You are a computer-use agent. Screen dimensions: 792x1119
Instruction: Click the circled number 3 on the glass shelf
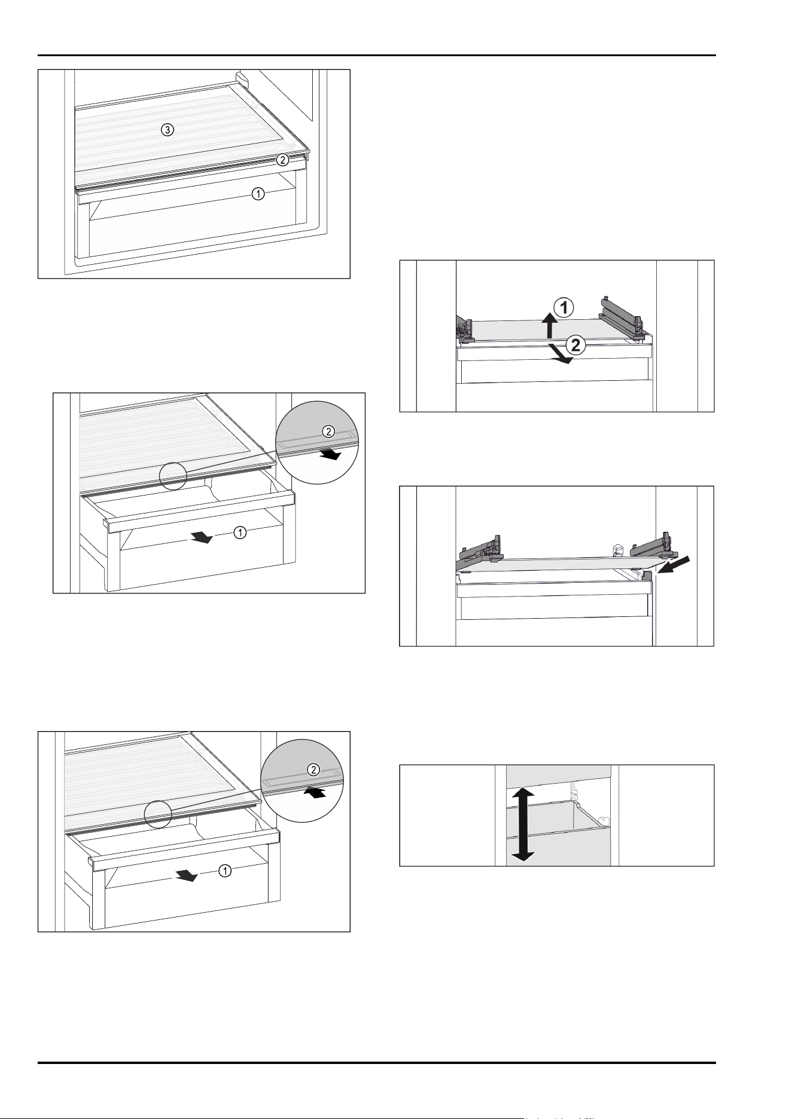[168, 130]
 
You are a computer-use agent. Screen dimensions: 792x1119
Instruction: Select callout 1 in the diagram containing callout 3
[258, 194]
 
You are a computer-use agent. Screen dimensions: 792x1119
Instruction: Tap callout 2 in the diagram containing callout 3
[283, 160]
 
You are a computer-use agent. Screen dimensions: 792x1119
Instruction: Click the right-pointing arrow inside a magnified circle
[330, 455]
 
